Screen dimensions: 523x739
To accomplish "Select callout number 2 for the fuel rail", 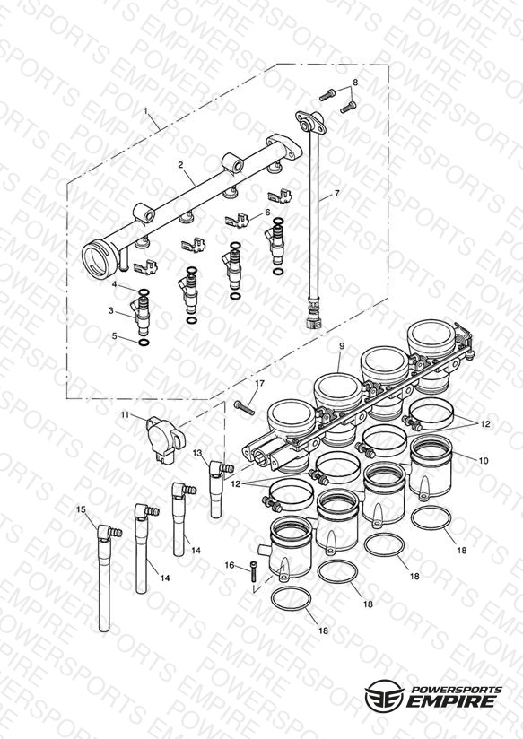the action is click(180, 164).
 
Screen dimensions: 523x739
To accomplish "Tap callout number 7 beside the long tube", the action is click(336, 193).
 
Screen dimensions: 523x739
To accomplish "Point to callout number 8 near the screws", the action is click(355, 82).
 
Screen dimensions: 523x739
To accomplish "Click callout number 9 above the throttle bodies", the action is click(342, 346).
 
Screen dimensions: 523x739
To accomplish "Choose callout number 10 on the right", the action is click(484, 460).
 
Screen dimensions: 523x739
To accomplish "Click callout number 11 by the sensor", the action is click(125, 414).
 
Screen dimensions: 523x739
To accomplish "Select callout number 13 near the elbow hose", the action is click(197, 452).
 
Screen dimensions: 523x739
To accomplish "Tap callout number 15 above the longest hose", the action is click(81, 509).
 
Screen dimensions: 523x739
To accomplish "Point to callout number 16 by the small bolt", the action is click(230, 565).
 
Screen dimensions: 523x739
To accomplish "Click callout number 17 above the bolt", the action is click(260, 384).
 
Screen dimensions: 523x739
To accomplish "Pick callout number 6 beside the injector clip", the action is click(268, 212).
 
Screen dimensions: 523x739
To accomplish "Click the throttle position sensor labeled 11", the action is click(165, 439).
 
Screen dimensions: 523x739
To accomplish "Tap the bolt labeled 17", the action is click(244, 408).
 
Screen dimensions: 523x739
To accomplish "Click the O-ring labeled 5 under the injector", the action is click(144, 343).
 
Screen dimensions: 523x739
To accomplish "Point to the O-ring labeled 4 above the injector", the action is click(144, 292).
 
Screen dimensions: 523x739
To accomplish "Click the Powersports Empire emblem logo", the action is click(384, 696).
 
